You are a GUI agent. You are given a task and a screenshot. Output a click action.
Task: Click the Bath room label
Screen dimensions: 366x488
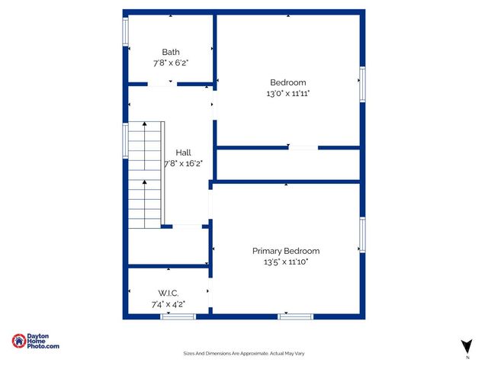coord(171,52)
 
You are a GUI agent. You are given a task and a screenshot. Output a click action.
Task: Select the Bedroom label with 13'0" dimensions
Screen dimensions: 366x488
coord(288,82)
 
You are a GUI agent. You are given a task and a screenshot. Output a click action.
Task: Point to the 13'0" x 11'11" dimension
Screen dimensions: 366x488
coord(288,93)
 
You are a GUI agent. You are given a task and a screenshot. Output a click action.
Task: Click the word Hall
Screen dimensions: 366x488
coord(183,152)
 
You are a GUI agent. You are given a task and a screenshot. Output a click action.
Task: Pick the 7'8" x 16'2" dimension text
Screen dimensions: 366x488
coord(184,163)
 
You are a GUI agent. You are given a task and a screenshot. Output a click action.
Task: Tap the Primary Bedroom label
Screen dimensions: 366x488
coord(286,251)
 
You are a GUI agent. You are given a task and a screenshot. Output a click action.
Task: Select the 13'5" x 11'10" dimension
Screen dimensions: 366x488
coord(286,262)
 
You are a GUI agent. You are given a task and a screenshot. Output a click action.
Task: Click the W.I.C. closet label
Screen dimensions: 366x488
coord(169,293)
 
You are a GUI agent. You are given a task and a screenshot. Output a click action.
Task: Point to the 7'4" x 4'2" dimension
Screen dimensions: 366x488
coord(169,304)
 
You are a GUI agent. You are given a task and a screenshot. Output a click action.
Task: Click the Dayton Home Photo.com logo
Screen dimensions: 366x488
coord(35,342)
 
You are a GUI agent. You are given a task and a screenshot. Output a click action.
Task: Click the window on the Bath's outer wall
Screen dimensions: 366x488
coord(126,33)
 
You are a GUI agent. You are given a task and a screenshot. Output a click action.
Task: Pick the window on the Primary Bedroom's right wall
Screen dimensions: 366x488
coord(362,235)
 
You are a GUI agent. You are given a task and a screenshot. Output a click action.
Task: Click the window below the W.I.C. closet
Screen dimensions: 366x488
coord(172,316)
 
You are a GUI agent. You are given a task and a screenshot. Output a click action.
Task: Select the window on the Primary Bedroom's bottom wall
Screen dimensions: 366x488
coord(296,316)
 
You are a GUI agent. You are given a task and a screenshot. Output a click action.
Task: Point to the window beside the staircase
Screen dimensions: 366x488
coord(126,140)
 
